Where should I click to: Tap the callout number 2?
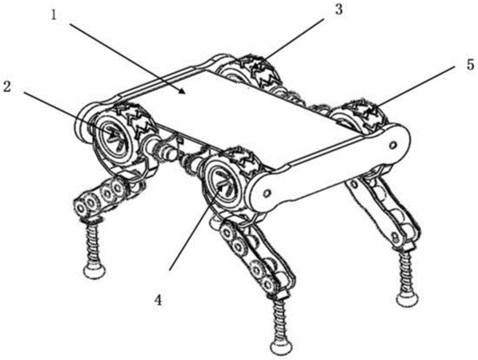click(7, 87)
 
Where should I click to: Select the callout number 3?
click(339, 10)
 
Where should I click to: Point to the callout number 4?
click(158, 301)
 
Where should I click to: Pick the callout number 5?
click(470, 65)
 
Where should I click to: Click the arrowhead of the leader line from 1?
click(182, 90)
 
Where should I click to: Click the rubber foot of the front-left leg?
click(94, 270)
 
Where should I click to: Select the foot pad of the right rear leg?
click(408, 298)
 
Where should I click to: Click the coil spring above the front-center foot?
click(279, 320)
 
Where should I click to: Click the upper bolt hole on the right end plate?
click(392, 144)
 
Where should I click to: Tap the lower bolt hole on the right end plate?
click(267, 194)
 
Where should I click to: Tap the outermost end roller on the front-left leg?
click(81, 209)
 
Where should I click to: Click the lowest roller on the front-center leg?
click(268, 284)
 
